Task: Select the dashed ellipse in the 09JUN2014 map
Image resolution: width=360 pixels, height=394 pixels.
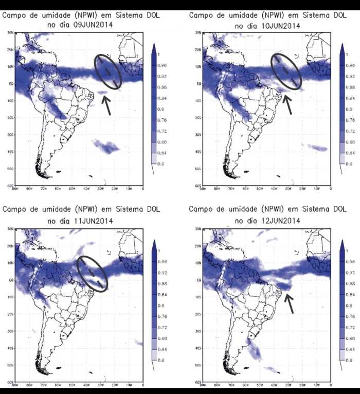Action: (107, 70)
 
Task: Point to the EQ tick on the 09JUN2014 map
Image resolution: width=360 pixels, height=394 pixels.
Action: (11, 83)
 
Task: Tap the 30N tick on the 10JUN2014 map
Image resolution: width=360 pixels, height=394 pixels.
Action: (197, 33)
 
